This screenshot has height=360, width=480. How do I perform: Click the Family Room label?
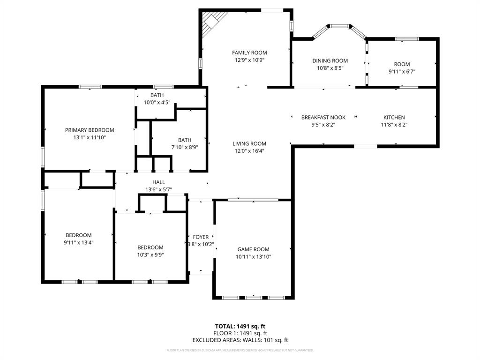pyautogui.click(x=249, y=53)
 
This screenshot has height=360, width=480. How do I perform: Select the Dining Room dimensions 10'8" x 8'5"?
pyautogui.click(x=330, y=67)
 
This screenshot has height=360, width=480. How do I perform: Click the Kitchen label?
pyautogui.click(x=394, y=118)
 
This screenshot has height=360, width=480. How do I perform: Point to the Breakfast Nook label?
pyautogui.click(x=323, y=118)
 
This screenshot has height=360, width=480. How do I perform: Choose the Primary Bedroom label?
pyautogui.click(x=90, y=130)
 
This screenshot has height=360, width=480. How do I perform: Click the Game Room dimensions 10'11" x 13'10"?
pyautogui.click(x=253, y=256)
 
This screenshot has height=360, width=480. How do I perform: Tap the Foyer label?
pyautogui.click(x=201, y=237)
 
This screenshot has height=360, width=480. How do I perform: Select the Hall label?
pyautogui.click(x=158, y=182)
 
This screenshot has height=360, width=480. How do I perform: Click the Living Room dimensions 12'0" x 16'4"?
pyautogui.click(x=249, y=151)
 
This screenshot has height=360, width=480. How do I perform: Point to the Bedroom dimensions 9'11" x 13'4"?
pyautogui.click(x=78, y=242)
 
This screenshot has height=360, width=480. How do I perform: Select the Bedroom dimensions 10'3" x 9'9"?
pyautogui.click(x=150, y=255)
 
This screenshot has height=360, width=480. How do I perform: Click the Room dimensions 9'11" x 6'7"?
pyautogui.click(x=402, y=72)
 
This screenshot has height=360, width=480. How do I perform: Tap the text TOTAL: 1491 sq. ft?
pyautogui.click(x=240, y=326)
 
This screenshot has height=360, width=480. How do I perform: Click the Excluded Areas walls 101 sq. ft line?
pyautogui.click(x=240, y=340)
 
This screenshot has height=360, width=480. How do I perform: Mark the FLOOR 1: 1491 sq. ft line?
pyautogui.click(x=240, y=333)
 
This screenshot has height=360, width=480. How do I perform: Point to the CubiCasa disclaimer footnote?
pyautogui.click(x=240, y=350)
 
